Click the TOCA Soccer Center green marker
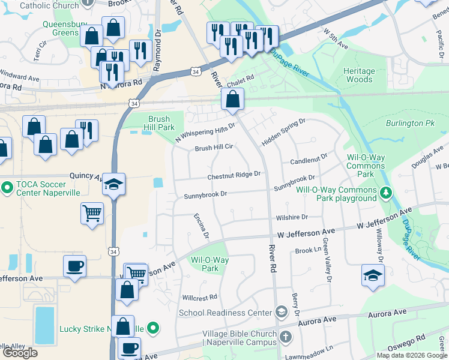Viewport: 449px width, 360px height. [7, 188]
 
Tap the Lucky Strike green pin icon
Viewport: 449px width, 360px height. [153, 328]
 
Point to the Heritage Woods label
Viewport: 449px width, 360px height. [359, 75]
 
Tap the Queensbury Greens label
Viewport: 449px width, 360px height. [61, 29]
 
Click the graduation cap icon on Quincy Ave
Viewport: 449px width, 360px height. [113, 185]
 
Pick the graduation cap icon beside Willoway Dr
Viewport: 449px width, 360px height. [373, 275]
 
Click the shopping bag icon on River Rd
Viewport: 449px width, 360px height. [232, 100]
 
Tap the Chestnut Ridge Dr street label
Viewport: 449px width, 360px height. [234, 175]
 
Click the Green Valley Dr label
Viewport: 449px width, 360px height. [327, 260]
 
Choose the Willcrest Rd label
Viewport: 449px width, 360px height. [199, 297]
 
